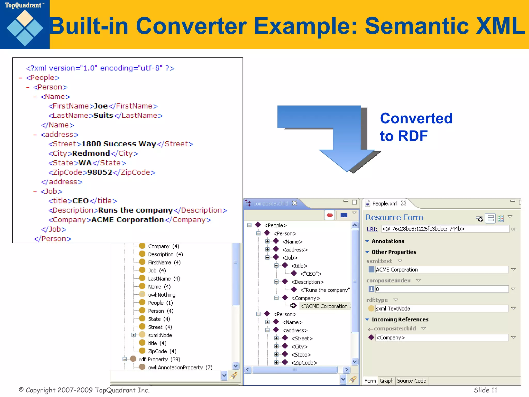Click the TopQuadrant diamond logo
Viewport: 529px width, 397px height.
click(x=25, y=28)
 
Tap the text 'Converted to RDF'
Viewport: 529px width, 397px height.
click(x=416, y=127)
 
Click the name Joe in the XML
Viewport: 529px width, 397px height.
click(x=101, y=106)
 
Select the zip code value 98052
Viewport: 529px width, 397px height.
click(x=100, y=172)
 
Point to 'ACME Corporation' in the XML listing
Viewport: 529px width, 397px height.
click(x=127, y=220)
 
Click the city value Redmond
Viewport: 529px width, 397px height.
click(x=91, y=153)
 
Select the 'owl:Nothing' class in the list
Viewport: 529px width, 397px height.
click(x=161, y=295)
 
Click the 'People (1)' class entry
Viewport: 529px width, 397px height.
click(x=160, y=303)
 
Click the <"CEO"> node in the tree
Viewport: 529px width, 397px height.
click(x=311, y=274)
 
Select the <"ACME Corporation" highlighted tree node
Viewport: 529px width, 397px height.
click(x=325, y=306)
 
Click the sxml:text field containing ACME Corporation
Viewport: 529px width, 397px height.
click(x=442, y=270)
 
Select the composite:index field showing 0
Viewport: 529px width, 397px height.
click(x=442, y=289)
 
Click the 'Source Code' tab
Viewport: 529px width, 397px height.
click(x=411, y=381)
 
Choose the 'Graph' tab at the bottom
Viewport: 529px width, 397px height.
click(x=386, y=381)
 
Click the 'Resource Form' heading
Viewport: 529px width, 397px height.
click(x=394, y=217)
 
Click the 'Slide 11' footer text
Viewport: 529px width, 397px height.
click(x=485, y=390)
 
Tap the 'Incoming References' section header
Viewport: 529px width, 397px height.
click(x=400, y=319)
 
